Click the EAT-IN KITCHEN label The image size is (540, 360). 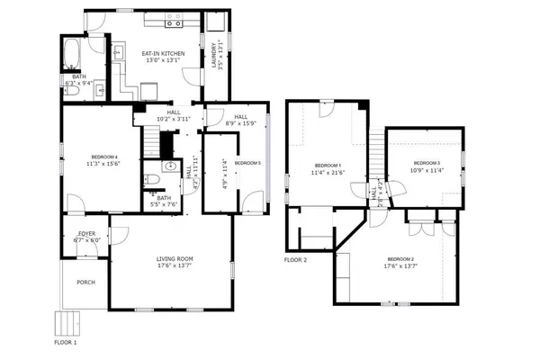(x=163, y=54)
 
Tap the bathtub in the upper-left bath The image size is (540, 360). (x=73, y=55)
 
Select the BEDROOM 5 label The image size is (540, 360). (x=247, y=163)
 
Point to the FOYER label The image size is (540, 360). (x=89, y=234)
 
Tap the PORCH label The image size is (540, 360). (x=85, y=283)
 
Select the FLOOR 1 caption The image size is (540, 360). (x=66, y=343)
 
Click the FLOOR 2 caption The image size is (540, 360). (x=296, y=260)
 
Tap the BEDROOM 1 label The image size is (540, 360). (x=327, y=165)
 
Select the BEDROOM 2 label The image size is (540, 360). (x=400, y=259)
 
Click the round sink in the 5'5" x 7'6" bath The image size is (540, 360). (x=169, y=166)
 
